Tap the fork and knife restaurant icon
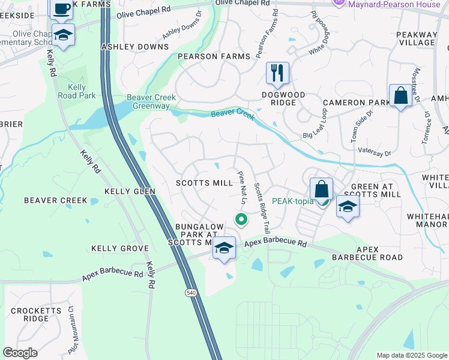(x=277, y=73)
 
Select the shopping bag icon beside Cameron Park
(x=400, y=95)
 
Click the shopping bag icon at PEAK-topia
(x=322, y=188)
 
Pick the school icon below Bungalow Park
(x=224, y=247)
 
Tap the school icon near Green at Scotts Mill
(x=348, y=207)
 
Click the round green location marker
(x=241, y=220)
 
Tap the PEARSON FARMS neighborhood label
(x=214, y=56)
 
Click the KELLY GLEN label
(x=130, y=191)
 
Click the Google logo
(x=20, y=353)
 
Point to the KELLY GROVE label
(x=119, y=248)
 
